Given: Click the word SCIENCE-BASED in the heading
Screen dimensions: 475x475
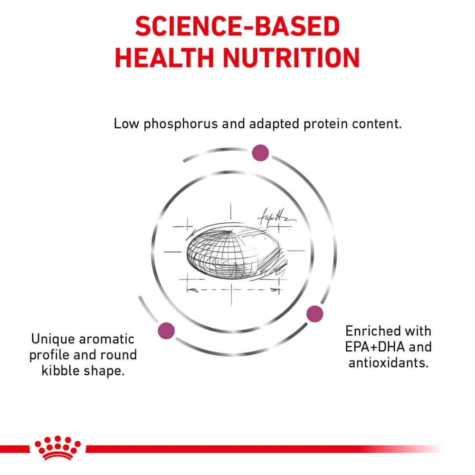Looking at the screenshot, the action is tap(237, 26).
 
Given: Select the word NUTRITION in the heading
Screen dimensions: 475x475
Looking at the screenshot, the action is tap(291, 57).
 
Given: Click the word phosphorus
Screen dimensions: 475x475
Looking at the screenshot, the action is tap(180, 124).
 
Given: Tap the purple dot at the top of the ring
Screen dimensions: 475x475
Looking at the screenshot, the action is tap(260, 152).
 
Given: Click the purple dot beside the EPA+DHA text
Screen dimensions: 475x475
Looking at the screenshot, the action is tap(315, 314).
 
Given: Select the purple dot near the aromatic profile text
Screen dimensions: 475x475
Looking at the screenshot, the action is tap(166, 331).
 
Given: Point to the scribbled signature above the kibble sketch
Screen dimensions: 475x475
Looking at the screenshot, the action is tap(275, 217).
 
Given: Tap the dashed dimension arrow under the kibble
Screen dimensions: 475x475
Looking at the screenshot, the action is tap(233, 290).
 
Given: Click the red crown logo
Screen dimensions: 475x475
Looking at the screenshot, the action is tap(57, 447).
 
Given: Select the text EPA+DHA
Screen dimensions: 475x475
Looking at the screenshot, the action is tap(375, 347).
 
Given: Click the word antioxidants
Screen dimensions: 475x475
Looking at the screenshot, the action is tap(389, 363).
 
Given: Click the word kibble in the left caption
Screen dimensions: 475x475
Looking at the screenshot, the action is tap(59, 371).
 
